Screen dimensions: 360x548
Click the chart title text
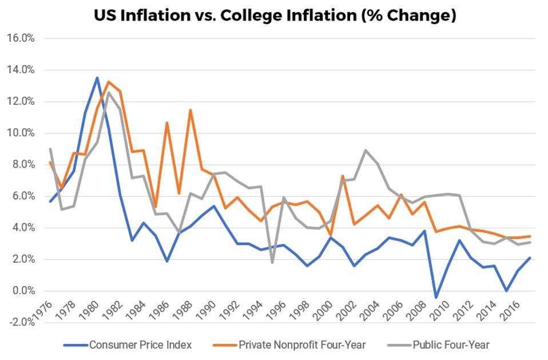[x=275, y=15]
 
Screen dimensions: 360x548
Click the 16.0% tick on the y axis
[x=21, y=38]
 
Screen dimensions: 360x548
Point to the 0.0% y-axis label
[x=23, y=291]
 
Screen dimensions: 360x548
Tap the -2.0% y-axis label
[x=21, y=322]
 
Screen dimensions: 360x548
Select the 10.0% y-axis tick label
[x=21, y=133]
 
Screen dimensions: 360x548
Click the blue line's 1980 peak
[x=97, y=78]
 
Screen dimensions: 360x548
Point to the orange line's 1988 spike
[x=190, y=110]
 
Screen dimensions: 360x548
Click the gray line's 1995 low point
[x=272, y=263]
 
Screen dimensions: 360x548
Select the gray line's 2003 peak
[x=366, y=151]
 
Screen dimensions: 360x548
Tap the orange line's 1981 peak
[x=109, y=82]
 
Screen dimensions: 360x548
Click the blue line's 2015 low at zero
[x=506, y=291]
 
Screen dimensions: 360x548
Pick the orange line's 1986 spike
[x=167, y=122]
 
